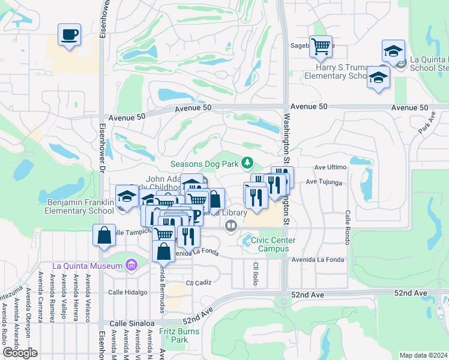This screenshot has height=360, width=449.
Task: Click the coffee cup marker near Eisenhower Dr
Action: coord(70,34)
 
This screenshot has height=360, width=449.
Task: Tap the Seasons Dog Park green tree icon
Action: coord(247,163)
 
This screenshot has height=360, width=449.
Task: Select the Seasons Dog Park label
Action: coord(204,163)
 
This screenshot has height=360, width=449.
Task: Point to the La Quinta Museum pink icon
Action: coord(130,265)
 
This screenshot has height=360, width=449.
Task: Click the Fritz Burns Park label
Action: coord(173,335)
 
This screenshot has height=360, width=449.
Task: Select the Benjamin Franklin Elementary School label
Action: coord(80,207)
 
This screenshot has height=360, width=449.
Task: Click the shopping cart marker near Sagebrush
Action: coord(321,46)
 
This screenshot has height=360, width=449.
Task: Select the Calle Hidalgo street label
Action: coord(127,292)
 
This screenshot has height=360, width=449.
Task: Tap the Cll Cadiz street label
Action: coord(199,283)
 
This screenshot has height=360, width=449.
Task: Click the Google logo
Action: coord(20,353)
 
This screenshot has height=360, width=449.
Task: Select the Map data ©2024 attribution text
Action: coord(423,355)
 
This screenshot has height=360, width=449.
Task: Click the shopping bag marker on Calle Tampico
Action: coord(104,236)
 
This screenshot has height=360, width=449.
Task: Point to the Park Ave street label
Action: coord(426,124)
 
